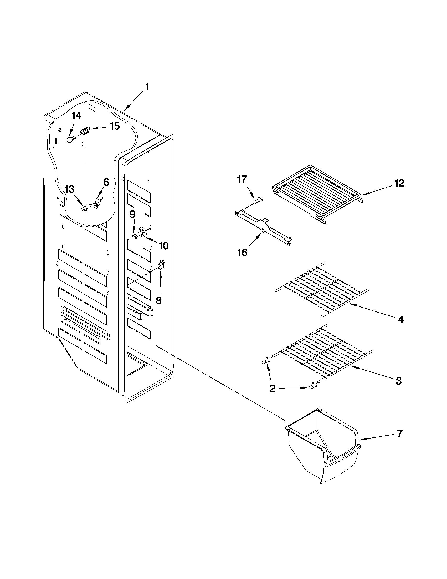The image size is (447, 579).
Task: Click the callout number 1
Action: (147, 87)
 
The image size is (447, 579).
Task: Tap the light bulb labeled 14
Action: (70, 140)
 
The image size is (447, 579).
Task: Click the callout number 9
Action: (132, 214)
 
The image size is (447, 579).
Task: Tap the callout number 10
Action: (163, 246)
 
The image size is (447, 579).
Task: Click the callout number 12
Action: (399, 183)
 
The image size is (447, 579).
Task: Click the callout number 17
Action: (242, 179)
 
